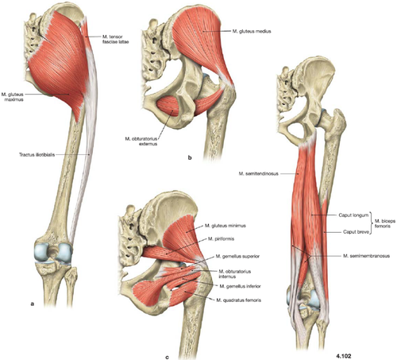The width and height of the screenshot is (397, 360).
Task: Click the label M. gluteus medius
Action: [252, 31]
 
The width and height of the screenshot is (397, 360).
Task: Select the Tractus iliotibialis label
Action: [37, 154]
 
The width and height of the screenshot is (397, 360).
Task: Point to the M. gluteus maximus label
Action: [12, 97]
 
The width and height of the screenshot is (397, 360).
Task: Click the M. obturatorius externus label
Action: [141, 141]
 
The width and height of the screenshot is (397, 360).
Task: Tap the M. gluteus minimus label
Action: [225, 226]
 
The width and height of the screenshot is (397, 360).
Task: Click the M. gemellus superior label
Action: [237, 257]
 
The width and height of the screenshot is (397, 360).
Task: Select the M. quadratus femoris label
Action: [239, 300]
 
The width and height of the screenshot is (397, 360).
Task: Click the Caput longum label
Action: [353, 215]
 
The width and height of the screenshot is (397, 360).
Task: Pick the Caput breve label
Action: [356, 232]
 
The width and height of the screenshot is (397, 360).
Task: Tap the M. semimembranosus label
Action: [366, 256]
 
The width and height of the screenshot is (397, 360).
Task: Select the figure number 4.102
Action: [344, 356]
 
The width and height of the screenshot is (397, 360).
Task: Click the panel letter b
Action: [190, 158]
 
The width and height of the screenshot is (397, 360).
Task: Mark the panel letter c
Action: [167, 358]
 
